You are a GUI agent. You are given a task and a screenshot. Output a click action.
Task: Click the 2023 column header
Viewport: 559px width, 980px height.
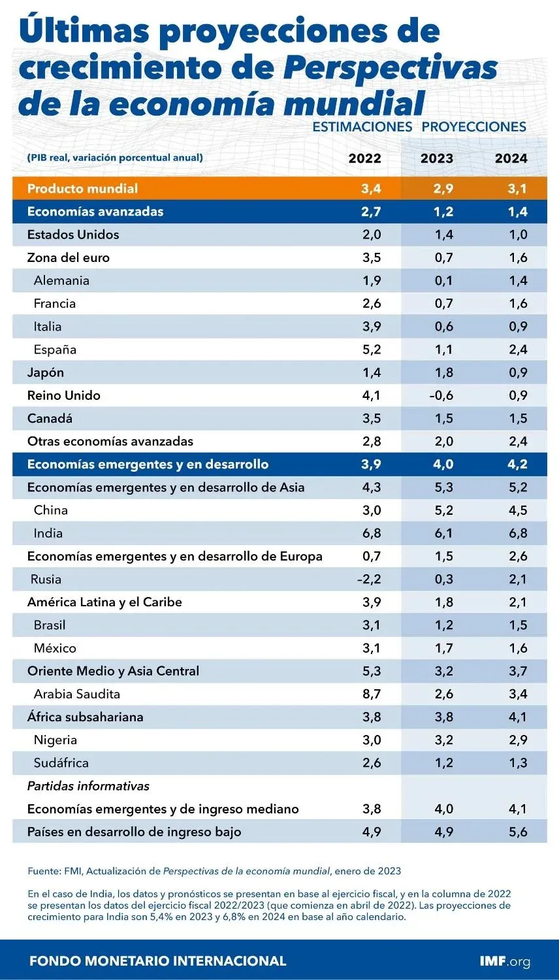[436, 158]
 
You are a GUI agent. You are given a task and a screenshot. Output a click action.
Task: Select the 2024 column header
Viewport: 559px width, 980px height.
[511, 158]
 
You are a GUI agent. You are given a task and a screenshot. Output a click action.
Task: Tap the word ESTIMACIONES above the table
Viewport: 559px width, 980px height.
[362, 127]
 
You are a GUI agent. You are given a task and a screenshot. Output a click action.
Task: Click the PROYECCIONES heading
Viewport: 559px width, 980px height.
[474, 127]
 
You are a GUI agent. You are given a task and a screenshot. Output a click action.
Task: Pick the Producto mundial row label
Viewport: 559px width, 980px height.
[82, 189]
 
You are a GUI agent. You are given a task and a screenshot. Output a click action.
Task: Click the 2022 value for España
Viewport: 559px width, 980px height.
[372, 350]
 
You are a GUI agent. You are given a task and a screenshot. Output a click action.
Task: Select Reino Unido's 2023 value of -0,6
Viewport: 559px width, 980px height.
[441, 395]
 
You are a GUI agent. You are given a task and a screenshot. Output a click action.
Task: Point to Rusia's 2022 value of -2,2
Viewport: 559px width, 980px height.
[369, 579]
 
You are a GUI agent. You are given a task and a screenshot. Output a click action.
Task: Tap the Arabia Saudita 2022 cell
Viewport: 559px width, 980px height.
[372, 694]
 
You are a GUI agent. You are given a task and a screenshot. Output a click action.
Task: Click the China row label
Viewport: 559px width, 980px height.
[51, 510]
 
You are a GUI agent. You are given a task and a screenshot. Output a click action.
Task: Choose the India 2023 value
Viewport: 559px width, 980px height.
[443, 533]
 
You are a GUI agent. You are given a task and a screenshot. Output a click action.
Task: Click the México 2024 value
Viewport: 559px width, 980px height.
[518, 648]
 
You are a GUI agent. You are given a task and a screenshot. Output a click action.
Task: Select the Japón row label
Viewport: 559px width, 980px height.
[46, 372]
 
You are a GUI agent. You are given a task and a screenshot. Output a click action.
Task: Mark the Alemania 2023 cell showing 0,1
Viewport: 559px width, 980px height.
[443, 280]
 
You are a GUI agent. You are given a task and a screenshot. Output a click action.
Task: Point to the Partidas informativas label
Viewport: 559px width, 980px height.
[88, 786]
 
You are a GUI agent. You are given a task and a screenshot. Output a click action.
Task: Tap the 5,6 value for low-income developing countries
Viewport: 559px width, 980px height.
[518, 832]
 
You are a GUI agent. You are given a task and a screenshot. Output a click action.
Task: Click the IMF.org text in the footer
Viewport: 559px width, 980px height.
[504, 961]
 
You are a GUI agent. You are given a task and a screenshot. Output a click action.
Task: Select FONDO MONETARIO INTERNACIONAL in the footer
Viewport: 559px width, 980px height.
[158, 961]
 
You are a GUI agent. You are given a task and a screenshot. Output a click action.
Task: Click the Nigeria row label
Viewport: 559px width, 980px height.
[56, 740]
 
